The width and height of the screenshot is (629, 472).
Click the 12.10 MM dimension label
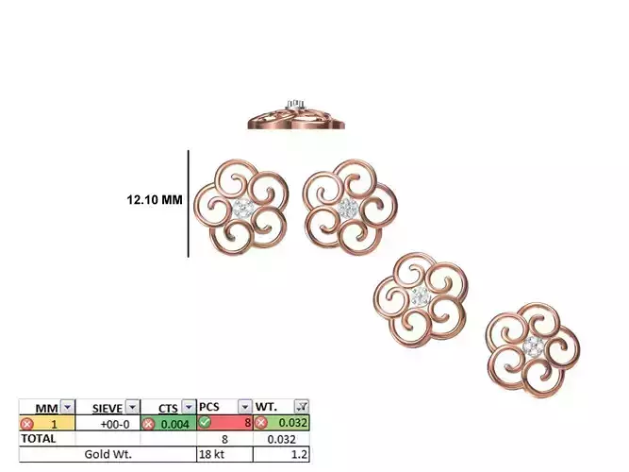pyautogui.click(x=155, y=200)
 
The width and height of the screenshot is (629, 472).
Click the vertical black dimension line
pyautogui.click(x=189, y=203)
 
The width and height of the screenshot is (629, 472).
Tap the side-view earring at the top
pyautogui.click(x=296, y=115)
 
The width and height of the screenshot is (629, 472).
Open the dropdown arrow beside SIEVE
pyautogui.click(x=133, y=407)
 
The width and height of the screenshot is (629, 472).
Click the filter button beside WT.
pyautogui.click(x=302, y=407)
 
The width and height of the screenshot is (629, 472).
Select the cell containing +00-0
pyautogui.click(x=108, y=423)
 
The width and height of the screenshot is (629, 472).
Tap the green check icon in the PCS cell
pyautogui.click(x=205, y=422)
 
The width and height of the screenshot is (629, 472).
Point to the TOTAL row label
pyautogui.click(x=39, y=439)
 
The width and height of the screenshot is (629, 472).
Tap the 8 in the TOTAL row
pyautogui.click(x=225, y=439)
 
